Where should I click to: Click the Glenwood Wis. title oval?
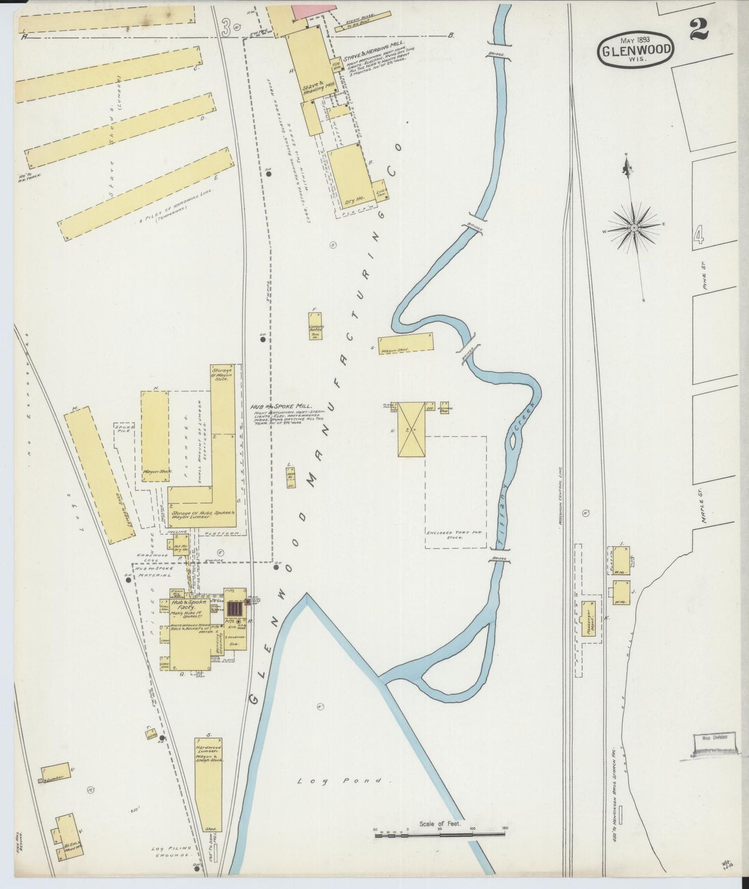[637, 50]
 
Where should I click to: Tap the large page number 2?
[699, 32]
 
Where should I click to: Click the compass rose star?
[634, 228]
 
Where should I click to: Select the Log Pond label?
[340, 781]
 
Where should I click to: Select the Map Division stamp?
[715, 737]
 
